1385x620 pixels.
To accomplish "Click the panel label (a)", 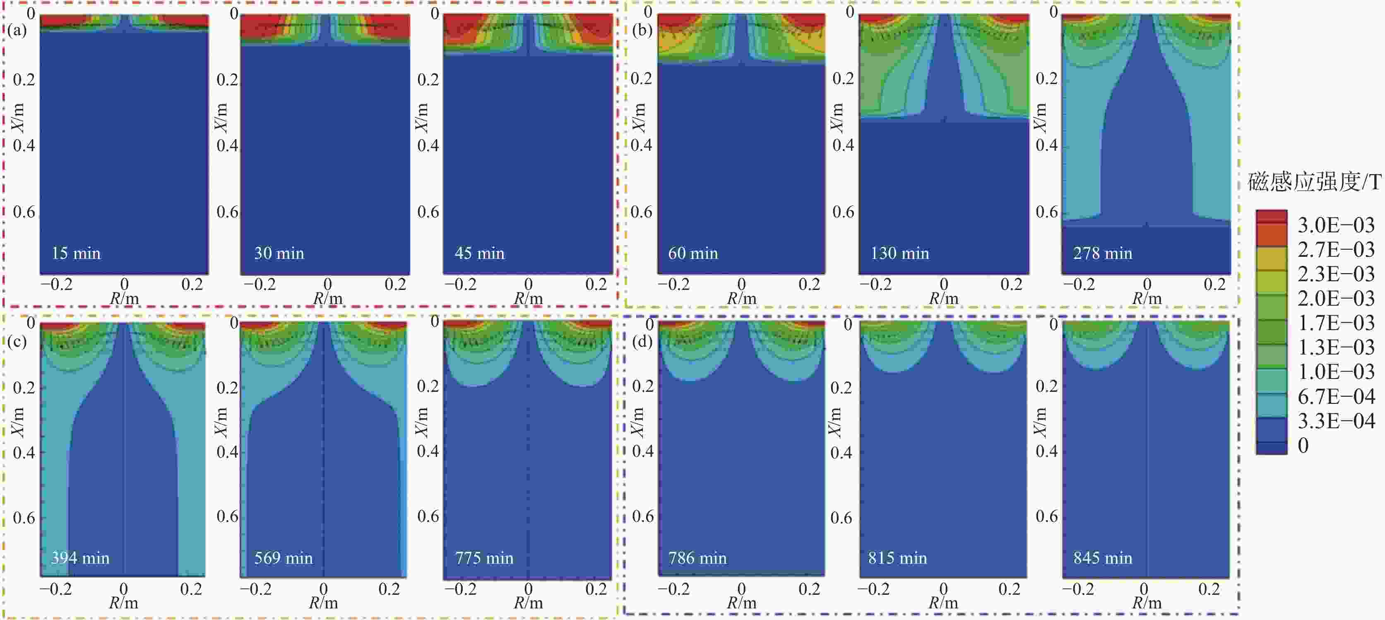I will click(x=17, y=29).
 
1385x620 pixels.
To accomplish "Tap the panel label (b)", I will click(x=642, y=29).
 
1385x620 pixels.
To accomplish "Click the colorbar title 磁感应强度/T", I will click(x=1314, y=182).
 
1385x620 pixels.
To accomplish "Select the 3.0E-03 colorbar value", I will click(x=1335, y=225).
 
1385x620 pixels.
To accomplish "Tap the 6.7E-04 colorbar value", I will click(x=1335, y=396).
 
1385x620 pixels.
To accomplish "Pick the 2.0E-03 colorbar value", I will click(x=1335, y=299).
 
